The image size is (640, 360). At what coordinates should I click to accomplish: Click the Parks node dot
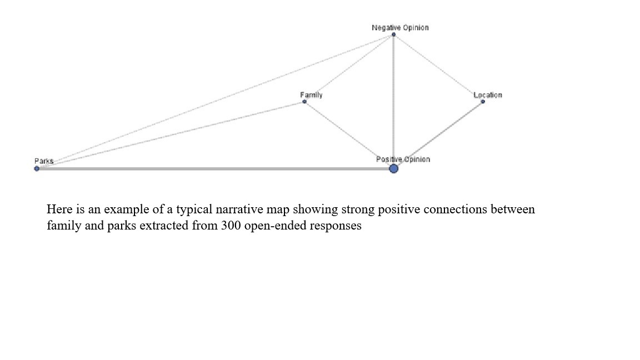pos(37,168)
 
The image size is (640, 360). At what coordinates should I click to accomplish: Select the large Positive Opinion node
pos(393,168)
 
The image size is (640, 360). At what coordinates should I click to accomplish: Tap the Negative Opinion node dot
pos(393,34)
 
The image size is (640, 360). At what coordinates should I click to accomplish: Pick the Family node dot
pos(304,102)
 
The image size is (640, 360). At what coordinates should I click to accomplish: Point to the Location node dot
pos(483,102)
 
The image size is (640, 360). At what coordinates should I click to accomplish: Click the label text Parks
pos(44,161)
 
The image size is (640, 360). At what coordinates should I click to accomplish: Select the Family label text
pos(312,95)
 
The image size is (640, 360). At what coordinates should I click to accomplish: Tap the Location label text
pos(488,95)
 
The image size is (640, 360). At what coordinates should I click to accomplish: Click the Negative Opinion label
pos(400,28)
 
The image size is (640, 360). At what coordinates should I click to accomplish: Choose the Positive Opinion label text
pos(403,159)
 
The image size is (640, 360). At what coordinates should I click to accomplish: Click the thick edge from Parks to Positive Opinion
pos(215,168)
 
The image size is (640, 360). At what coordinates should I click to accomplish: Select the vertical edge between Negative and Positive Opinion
pos(393,102)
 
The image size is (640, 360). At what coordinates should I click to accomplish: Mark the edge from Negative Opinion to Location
pos(438,68)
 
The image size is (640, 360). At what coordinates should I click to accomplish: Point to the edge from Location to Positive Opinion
pos(438,135)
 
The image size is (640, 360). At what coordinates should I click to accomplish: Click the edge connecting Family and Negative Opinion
pos(349,68)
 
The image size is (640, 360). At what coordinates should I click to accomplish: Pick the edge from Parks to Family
pos(171,135)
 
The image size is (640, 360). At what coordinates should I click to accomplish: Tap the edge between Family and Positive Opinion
pos(349,135)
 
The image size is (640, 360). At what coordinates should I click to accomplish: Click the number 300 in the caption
pos(231,226)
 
